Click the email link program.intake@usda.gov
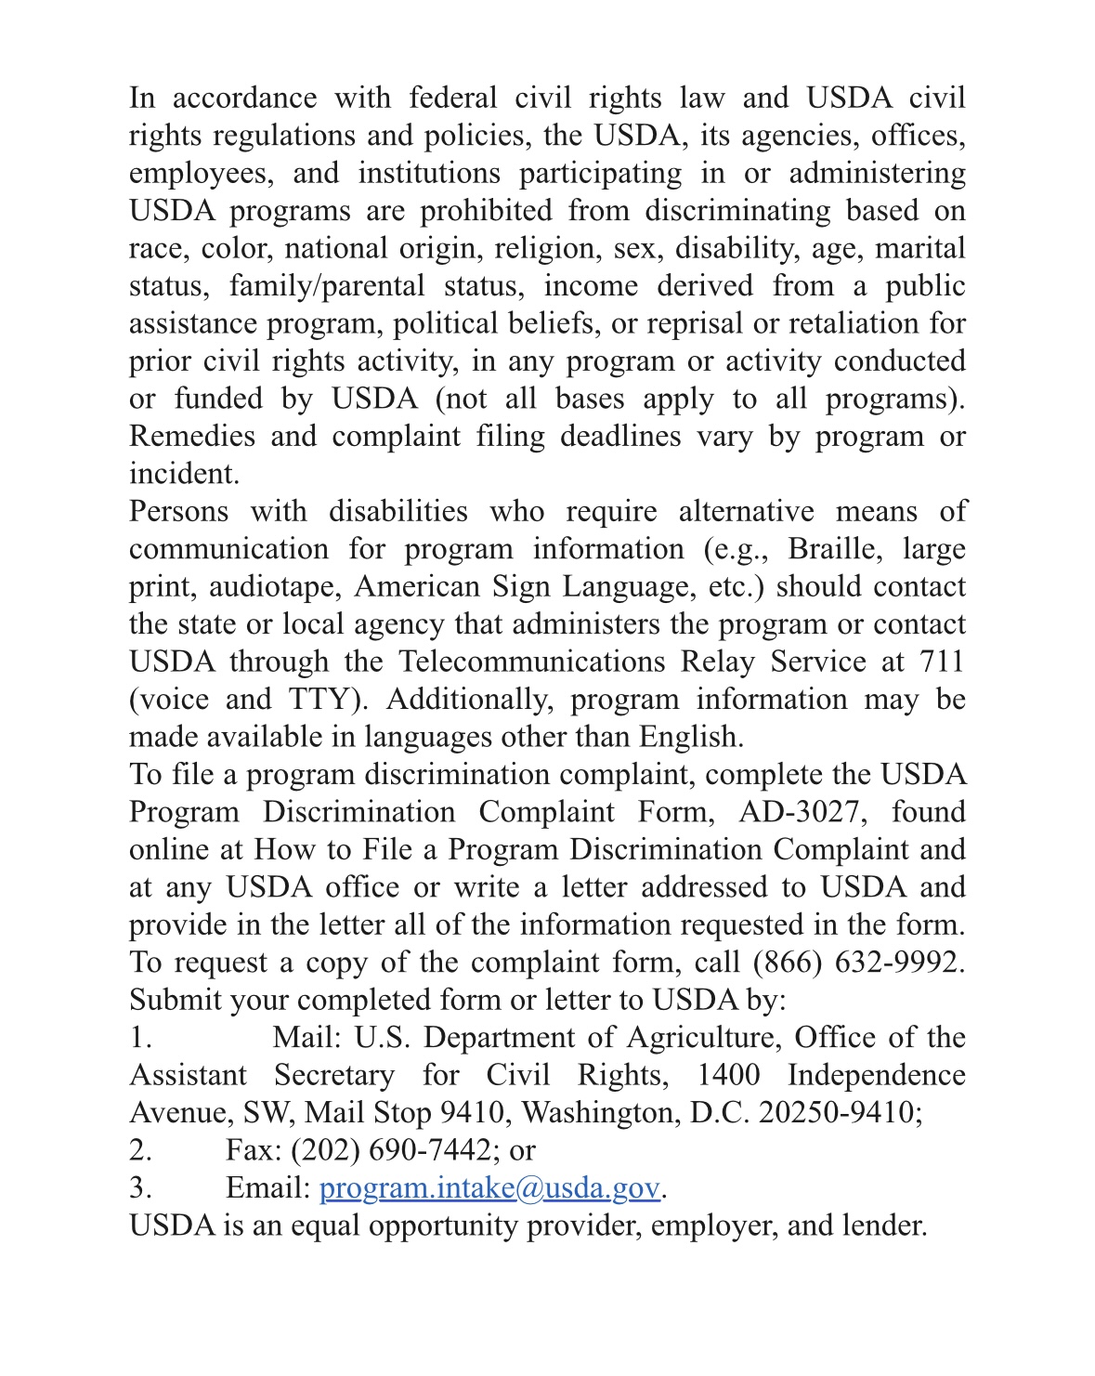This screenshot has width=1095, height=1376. pos(489,1187)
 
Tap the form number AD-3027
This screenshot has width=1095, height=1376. pos(802,812)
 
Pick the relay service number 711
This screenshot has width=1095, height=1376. pos(942,662)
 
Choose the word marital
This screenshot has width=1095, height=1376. pos(919,248)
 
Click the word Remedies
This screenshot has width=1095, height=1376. pos(191,436)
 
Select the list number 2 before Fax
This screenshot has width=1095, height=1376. pos(140,1150)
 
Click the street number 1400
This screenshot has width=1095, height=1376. pos(728,1075)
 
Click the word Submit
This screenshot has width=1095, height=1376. pos(176,1000)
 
